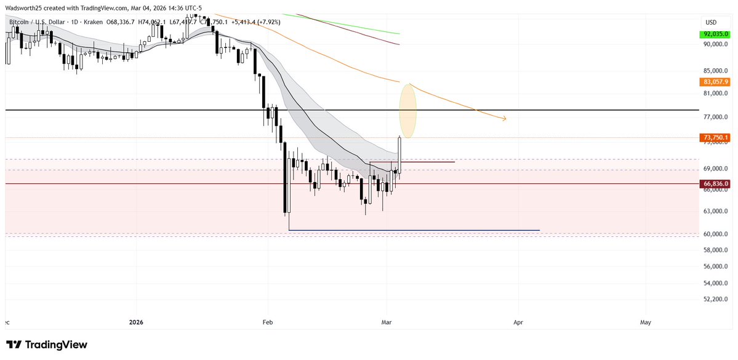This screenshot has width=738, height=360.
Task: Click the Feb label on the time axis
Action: (x=267, y=322)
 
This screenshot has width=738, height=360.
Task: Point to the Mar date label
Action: (x=387, y=322)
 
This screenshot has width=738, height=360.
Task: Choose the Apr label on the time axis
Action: (x=518, y=322)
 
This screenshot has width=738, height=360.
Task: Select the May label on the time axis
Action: (x=646, y=322)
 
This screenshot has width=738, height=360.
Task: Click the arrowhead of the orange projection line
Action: (x=504, y=119)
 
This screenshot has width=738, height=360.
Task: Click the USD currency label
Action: (x=711, y=23)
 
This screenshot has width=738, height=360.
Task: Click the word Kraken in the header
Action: (x=89, y=22)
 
